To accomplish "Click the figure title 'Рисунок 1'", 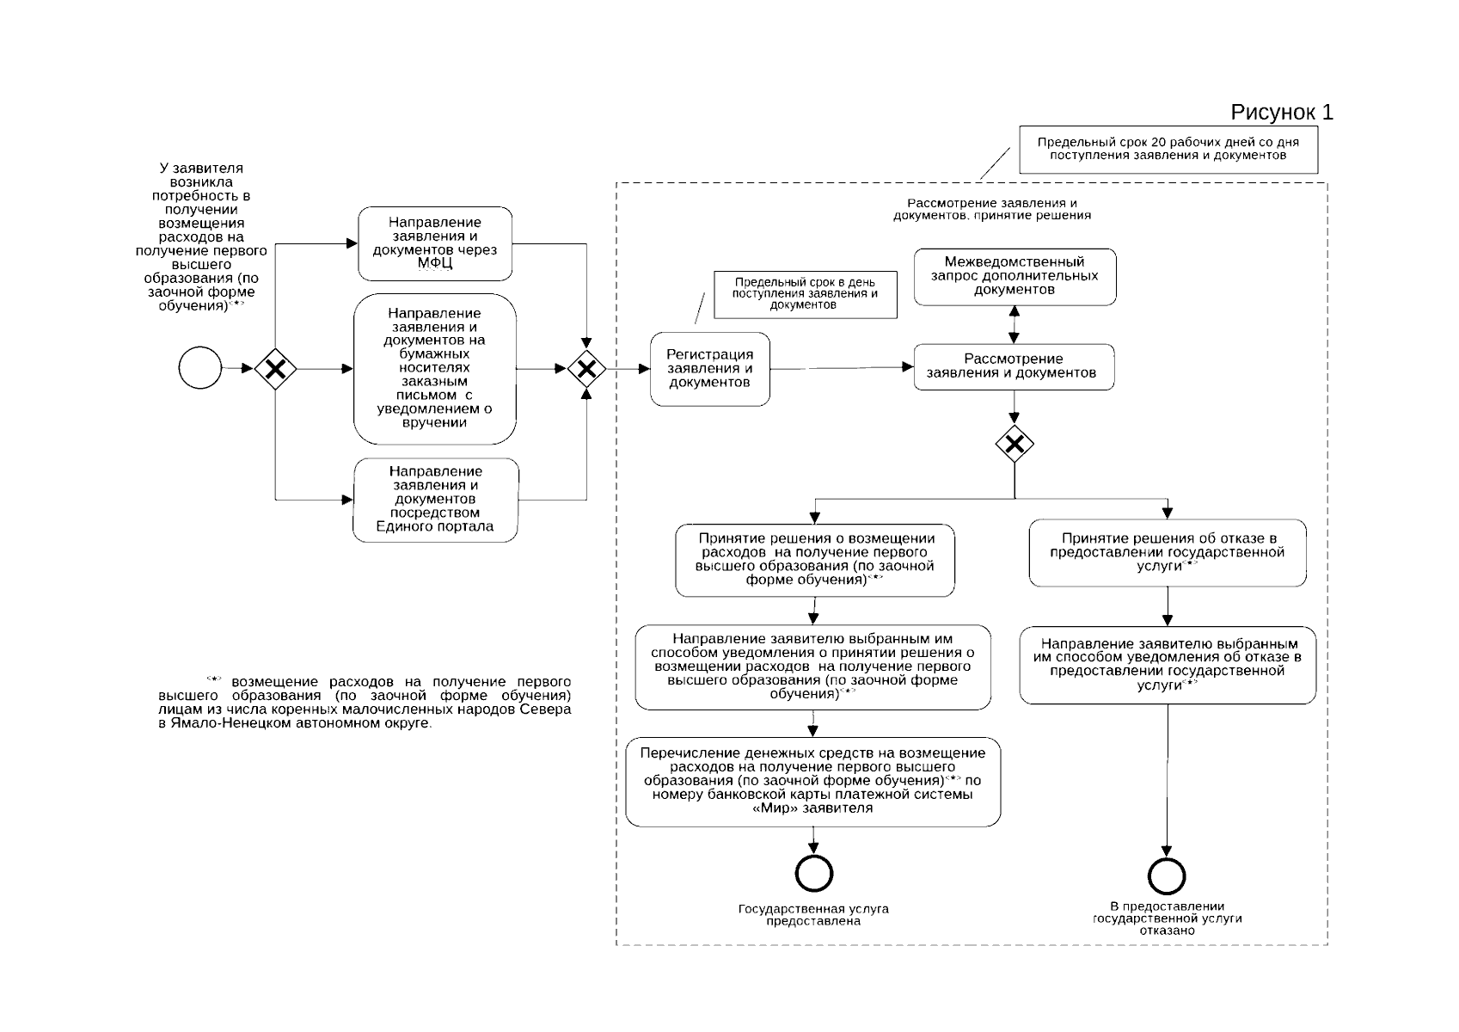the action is click(x=1281, y=112).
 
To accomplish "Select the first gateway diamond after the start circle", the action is click(x=275, y=369).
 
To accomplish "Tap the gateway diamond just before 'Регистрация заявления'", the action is click(x=586, y=370).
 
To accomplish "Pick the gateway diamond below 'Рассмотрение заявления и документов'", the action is click(x=1015, y=445).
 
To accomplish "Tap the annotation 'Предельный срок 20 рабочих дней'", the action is click(x=1168, y=149).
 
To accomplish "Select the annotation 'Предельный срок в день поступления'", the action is click(x=805, y=294).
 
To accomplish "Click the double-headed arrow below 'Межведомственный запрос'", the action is click(x=1015, y=324).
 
